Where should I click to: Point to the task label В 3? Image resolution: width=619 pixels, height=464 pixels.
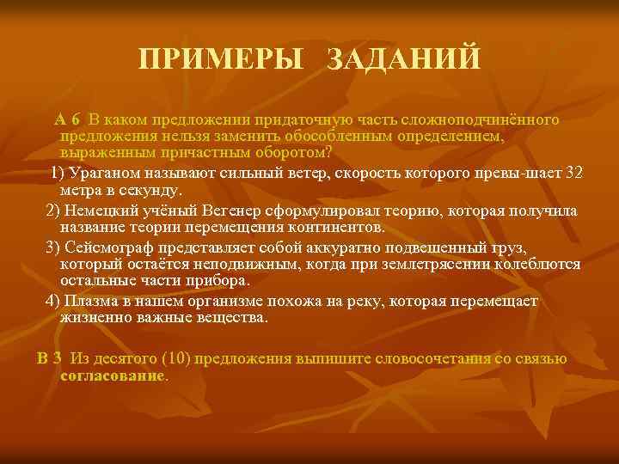(50, 359)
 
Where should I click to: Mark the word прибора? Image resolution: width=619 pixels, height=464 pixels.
(218, 281)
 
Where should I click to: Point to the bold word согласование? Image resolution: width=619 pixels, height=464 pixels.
(113, 375)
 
